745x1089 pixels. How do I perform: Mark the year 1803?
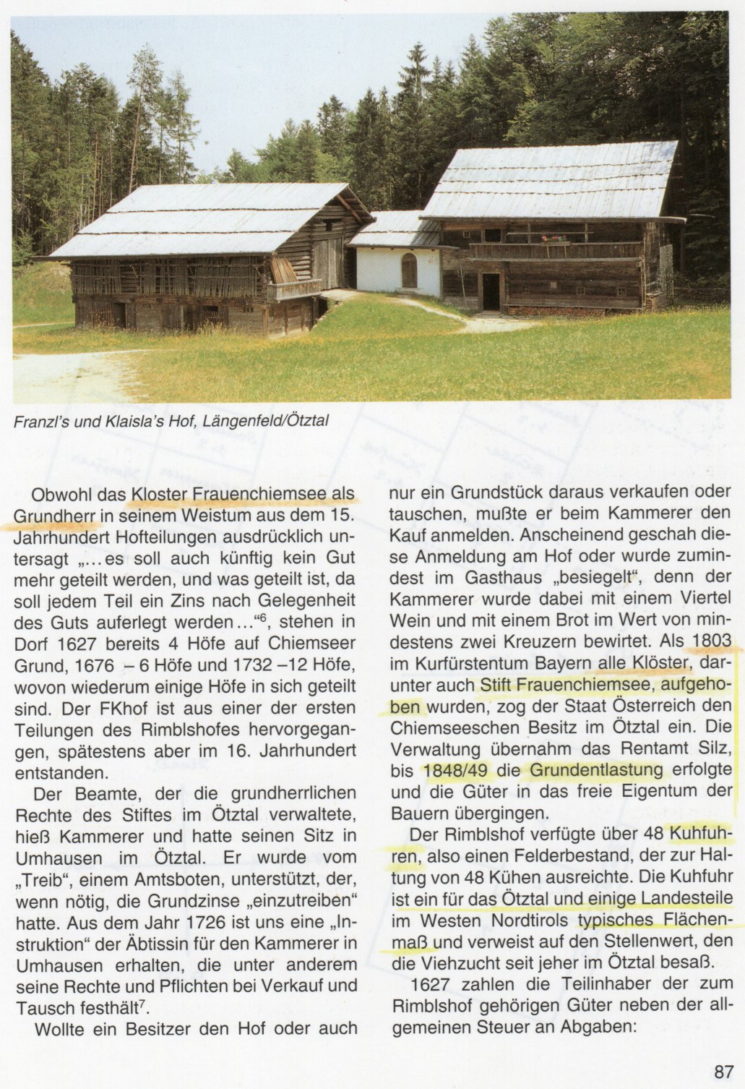click(712, 641)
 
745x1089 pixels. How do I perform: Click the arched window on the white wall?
click(409, 270)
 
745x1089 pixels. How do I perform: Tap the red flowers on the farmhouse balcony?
click(554, 239)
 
